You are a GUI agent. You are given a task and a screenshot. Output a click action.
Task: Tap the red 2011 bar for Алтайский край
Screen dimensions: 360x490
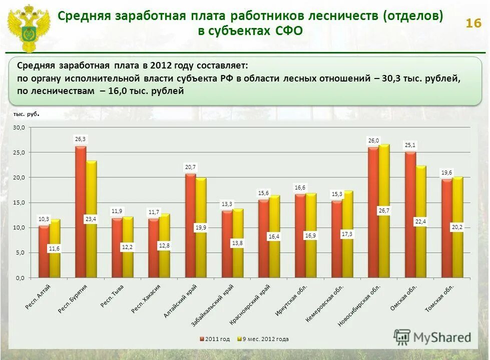(x=190, y=225)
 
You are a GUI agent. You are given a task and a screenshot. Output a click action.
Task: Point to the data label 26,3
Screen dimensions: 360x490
(x=81, y=139)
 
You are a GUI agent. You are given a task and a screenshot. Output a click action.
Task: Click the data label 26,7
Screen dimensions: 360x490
(x=384, y=211)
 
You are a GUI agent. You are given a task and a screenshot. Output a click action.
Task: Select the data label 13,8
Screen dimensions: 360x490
(x=238, y=243)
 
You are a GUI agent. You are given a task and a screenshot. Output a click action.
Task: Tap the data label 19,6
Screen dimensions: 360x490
(x=446, y=172)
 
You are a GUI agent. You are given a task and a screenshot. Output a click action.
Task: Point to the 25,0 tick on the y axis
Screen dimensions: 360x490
(x=19, y=152)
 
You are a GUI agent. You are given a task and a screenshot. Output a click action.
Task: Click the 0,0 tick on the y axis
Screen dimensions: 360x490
(x=19, y=277)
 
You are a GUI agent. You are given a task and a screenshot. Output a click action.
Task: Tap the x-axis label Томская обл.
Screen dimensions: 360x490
(x=440, y=298)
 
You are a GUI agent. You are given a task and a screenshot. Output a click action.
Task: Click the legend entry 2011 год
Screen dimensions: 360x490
(x=215, y=339)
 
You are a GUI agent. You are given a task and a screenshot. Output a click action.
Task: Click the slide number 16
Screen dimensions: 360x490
(x=473, y=23)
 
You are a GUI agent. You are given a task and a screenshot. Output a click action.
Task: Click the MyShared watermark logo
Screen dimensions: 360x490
(x=433, y=337)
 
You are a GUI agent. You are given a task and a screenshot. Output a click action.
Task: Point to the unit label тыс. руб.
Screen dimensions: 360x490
(x=26, y=114)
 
